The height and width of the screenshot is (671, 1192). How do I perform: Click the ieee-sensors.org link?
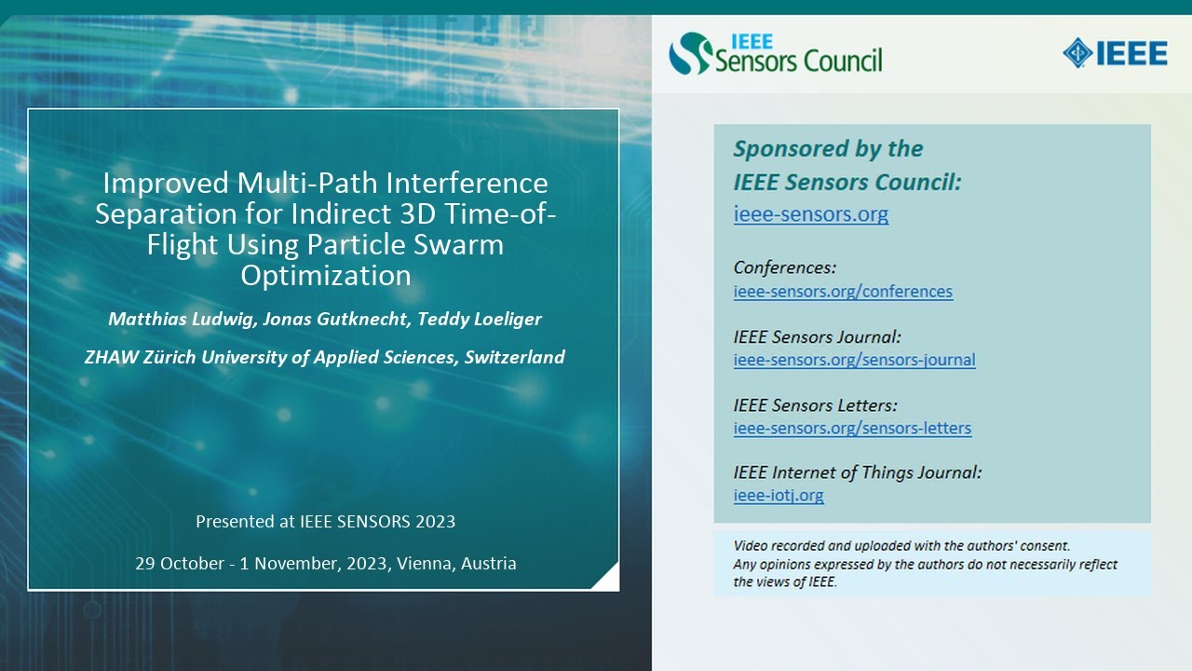pyautogui.click(x=810, y=214)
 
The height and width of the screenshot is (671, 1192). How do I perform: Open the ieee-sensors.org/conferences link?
pyautogui.click(x=843, y=292)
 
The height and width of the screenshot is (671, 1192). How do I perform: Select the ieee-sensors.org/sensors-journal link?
pyautogui.click(x=854, y=360)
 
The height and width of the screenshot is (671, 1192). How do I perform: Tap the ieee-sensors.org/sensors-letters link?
pyautogui.click(x=852, y=429)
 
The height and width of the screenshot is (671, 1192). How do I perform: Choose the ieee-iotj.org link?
pyautogui.click(x=779, y=496)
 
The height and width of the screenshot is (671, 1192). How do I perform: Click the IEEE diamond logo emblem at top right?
pyautogui.click(x=1077, y=53)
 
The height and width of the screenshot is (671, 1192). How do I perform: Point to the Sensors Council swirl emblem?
pyautogui.click(x=690, y=53)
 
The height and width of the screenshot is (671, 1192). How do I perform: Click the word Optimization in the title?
pyautogui.click(x=325, y=277)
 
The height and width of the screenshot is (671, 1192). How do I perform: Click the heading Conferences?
pyautogui.click(x=784, y=268)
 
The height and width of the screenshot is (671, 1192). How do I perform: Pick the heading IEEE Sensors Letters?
pyautogui.click(x=815, y=405)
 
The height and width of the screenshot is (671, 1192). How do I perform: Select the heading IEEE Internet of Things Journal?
pyautogui.click(x=857, y=472)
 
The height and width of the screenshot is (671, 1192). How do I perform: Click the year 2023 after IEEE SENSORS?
pyautogui.click(x=434, y=521)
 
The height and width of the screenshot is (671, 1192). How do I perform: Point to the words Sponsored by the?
pyautogui.click(x=828, y=149)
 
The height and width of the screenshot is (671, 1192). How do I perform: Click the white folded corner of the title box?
pyautogui.click(x=608, y=580)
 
